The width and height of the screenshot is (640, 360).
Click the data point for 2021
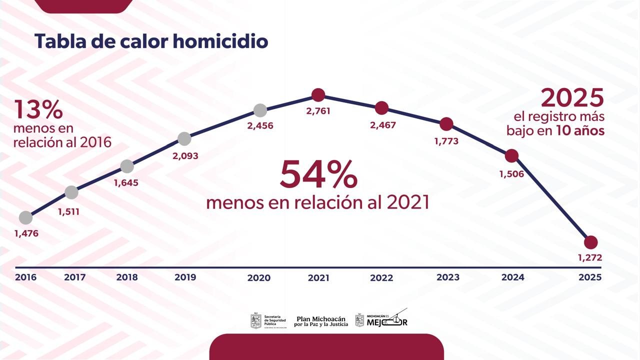point(318,94)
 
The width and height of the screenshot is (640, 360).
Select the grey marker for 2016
point(25,217)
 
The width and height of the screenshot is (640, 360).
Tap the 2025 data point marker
point(590,242)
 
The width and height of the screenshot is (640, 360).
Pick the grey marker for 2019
point(184,139)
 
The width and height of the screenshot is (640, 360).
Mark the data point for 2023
point(446,124)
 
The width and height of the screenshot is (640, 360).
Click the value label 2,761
point(318,111)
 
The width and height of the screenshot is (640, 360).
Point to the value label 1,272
point(590,258)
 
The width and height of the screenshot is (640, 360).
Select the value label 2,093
point(185,156)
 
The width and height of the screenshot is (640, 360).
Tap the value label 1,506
point(511,174)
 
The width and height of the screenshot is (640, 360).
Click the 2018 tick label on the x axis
point(127,277)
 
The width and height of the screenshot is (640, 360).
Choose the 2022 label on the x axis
point(381,277)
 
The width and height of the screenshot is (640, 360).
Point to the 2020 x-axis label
point(259,277)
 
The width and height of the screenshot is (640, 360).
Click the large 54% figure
point(318,174)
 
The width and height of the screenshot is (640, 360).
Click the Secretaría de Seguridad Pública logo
point(268,320)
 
